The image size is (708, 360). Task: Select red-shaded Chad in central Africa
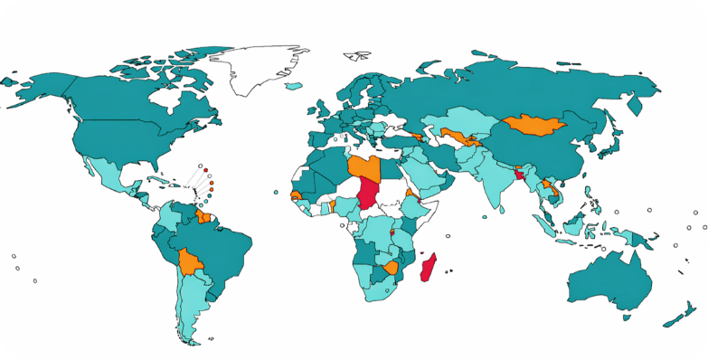(368, 192)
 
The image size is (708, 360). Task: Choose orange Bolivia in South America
(191, 261)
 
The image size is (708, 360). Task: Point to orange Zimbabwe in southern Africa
(391, 268)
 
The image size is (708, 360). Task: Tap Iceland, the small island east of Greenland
(292, 87)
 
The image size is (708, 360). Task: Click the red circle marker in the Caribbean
(206, 169)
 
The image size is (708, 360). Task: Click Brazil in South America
(222, 249)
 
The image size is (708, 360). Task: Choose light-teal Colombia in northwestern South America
(166, 217)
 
